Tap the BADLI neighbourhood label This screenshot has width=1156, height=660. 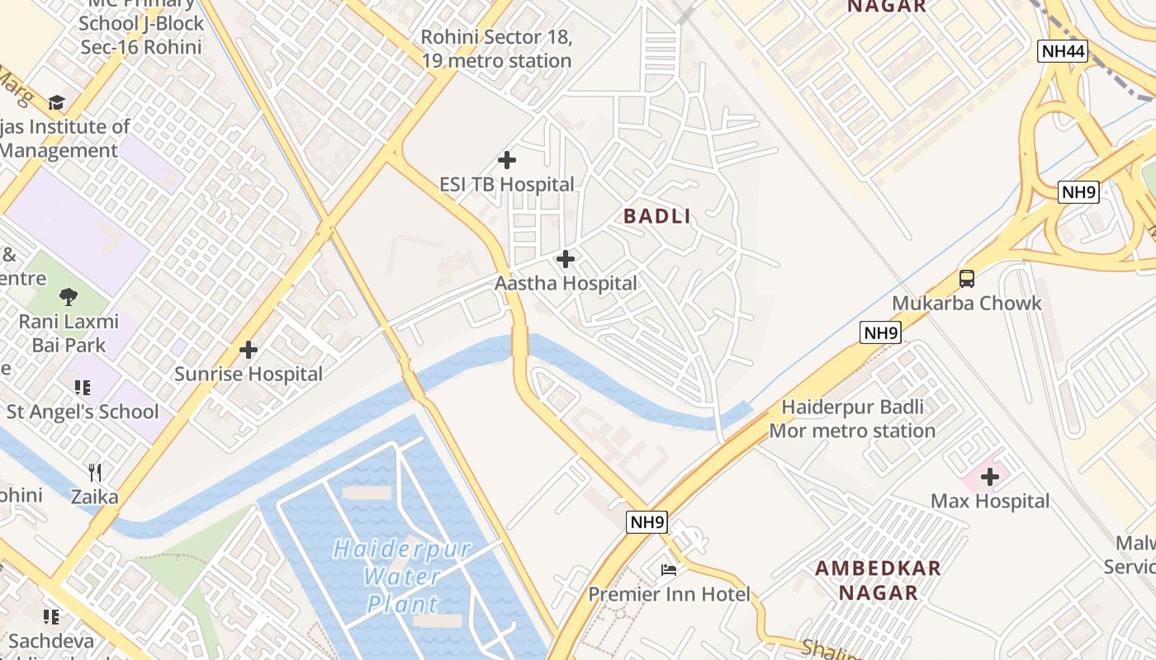(x=657, y=216)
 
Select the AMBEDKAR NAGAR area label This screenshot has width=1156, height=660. (x=879, y=580)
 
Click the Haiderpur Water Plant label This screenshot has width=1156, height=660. (x=403, y=576)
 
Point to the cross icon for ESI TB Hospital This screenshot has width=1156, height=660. (x=507, y=160)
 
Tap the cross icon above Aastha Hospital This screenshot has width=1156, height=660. (x=566, y=260)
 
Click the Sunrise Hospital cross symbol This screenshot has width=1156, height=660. (x=249, y=350)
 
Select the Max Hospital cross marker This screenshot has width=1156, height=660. (x=990, y=476)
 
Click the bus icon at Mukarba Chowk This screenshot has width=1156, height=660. (x=967, y=279)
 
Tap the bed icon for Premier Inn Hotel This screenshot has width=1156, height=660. (x=669, y=569)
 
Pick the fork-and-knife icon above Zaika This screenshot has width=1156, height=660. (x=95, y=473)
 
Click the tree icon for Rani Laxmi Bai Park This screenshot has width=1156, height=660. (x=69, y=297)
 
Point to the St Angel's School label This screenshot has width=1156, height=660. (x=83, y=412)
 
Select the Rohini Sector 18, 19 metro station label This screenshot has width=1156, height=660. (x=496, y=49)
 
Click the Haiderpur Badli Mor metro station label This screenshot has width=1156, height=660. (x=852, y=418)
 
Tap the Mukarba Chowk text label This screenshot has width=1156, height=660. (x=967, y=303)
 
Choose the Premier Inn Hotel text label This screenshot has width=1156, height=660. (x=669, y=594)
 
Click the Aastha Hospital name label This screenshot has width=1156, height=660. (x=566, y=284)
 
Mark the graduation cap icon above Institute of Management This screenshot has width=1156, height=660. (x=56, y=102)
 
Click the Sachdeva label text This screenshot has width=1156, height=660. (x=51, y=640)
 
